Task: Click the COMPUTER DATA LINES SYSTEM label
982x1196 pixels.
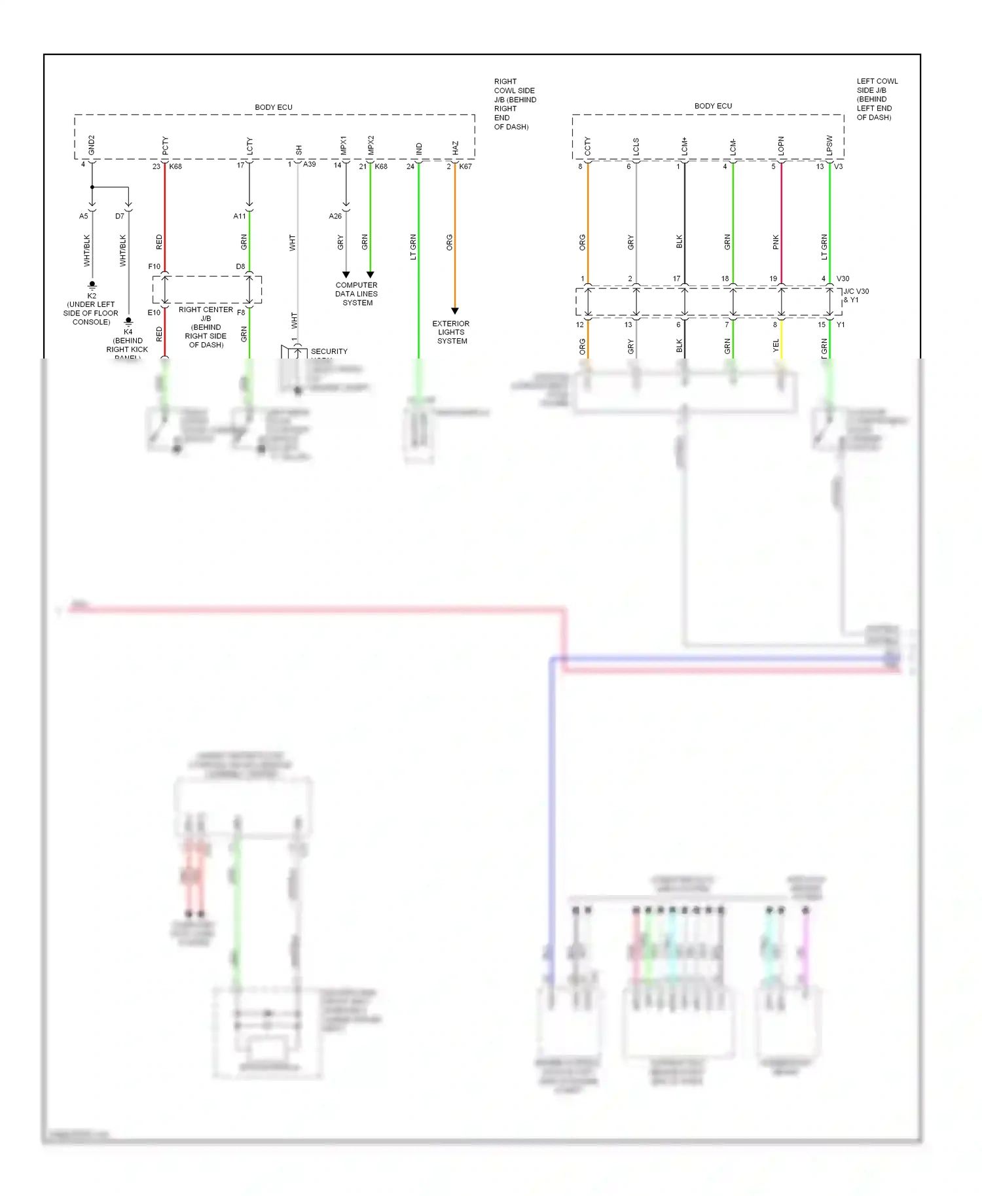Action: point(357,294)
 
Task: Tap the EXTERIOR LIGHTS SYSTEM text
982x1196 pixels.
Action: point(451,332)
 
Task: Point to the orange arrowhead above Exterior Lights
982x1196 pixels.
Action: point(455,311)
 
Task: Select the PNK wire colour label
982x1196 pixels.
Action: point(776,242)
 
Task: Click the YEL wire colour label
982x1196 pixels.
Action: point(776,345)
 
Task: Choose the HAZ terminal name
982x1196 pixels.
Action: point(455,148)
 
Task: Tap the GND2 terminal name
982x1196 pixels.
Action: point(92,145)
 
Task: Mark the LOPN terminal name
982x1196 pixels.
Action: point(781,146)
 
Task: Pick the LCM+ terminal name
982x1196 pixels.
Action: point(684,146)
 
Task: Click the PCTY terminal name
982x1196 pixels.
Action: point(165,146)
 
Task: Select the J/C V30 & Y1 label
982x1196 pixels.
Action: point(856,296)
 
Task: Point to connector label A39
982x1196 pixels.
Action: point(309,164)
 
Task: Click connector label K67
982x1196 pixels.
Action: point(465,166)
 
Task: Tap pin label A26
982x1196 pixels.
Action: point(335,216)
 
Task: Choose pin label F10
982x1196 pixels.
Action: point(154,266)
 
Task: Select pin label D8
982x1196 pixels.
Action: point(240,266)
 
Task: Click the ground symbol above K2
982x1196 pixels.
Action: point(92,285)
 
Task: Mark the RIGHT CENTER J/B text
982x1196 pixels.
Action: point(206,314)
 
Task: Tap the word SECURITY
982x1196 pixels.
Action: point(329,351)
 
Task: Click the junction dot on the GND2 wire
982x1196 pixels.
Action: point(92,187)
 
